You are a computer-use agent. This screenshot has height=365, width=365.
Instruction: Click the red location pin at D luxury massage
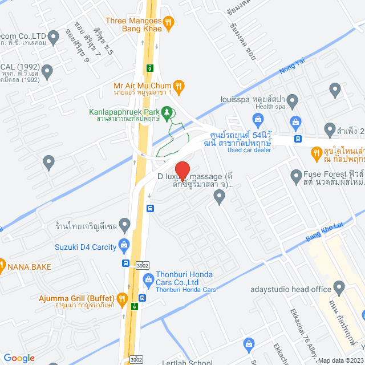click(x=182, y=171)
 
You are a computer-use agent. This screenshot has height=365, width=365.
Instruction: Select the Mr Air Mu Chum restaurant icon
click(x=179, y=86)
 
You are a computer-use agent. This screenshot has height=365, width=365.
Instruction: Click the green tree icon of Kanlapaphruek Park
click(x=167, y=112)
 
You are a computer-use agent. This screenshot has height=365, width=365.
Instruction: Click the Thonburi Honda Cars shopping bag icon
click(x=148, y=279)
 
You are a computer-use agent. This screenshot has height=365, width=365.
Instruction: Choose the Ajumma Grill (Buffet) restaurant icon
click(x=121, y=298)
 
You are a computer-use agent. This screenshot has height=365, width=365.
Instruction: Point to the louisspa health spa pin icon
click(x=293, y=102)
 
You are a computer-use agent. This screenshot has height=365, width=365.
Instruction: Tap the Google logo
click(x=19, y=358)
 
